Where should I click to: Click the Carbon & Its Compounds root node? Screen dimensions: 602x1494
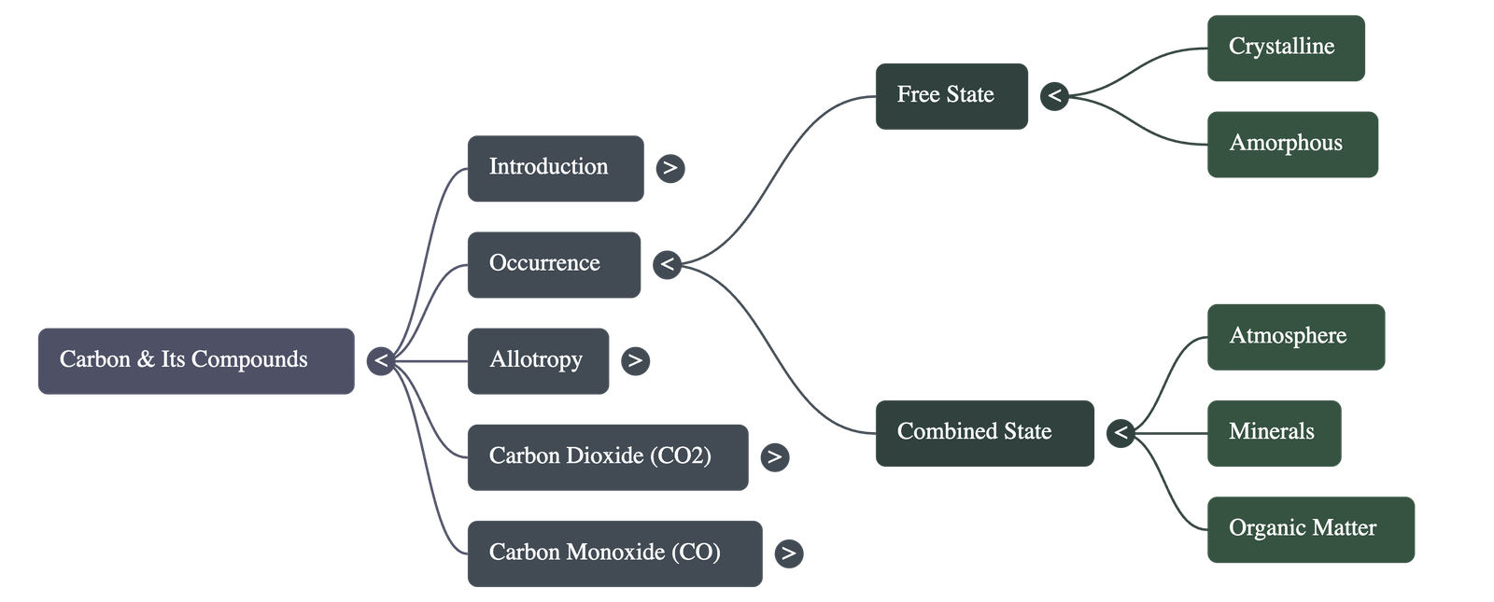[195, 360]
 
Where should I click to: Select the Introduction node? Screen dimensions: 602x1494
[555, 168]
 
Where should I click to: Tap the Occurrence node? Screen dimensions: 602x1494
[554, 264]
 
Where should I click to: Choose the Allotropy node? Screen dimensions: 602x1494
[538, 360]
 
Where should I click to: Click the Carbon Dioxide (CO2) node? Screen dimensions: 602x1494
[607, 456]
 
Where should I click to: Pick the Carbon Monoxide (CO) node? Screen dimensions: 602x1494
[614, 553]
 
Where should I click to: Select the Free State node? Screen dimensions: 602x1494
[951, 95]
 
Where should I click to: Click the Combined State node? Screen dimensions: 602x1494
[984, 432]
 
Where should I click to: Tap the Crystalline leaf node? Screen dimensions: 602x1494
[1285, 48]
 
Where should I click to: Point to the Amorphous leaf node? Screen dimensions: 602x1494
[1292, 144]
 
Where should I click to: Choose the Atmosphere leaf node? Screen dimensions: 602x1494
[1295, 336]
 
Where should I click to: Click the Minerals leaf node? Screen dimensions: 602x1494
[1274, 432]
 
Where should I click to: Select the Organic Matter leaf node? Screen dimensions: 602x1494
[1310, 529]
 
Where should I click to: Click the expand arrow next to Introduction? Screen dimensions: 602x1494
[669, 168]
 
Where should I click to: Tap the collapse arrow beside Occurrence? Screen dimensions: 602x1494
[667, 264]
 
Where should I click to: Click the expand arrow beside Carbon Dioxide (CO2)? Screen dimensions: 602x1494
[774, 456]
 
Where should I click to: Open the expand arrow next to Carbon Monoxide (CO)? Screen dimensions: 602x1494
[789, 553]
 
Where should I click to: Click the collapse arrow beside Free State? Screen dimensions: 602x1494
[1054, 95]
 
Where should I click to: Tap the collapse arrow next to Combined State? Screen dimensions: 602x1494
[1120, 432]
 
